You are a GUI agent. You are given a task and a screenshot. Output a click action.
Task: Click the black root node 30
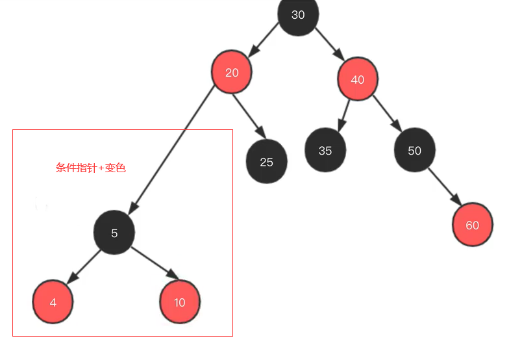pos(298,15)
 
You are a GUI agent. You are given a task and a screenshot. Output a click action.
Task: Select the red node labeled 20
pos(232,72)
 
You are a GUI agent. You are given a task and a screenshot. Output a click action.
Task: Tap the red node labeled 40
pos(357,79)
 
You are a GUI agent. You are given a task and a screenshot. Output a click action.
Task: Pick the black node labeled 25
pos(266,162)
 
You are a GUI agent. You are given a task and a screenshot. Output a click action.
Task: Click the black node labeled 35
pos(325,150)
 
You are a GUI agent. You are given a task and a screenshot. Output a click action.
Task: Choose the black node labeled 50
pos(414,150)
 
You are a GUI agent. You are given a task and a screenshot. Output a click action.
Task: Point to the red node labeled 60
pos(472,225)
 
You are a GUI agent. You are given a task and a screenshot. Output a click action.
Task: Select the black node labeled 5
pos(114,233)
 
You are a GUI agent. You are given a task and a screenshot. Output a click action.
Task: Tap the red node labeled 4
pos(53,302)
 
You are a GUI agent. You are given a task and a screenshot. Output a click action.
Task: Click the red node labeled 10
pos(180,302)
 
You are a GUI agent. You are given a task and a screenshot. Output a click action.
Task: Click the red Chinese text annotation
pos(90,168)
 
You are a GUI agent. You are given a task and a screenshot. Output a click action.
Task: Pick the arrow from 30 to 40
pos(329,44)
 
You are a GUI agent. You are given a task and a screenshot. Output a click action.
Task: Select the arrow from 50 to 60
pos(443,188)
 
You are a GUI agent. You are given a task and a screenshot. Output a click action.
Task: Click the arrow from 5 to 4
pos(83,266)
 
